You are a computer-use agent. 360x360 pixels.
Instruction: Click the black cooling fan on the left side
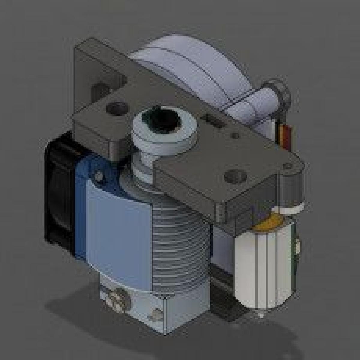coord(58,192)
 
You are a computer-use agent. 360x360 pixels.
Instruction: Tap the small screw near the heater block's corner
coord(156,313)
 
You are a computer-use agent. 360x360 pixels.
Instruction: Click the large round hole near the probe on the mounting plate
coord(232,175)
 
